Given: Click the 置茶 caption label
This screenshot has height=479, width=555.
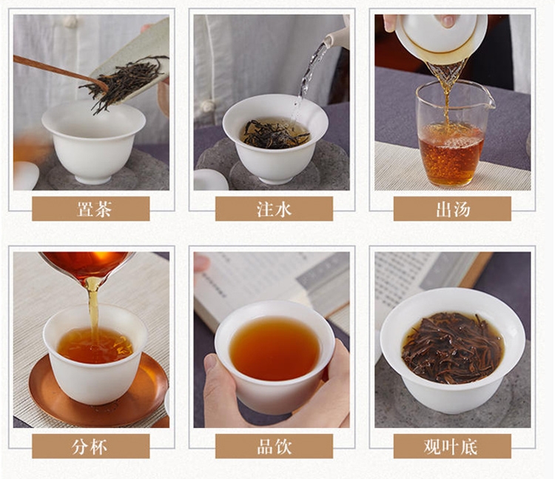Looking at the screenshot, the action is (90, 209).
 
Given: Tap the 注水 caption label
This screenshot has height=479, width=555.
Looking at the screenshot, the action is (274, 209).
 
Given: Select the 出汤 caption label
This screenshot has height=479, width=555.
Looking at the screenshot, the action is (452, 209).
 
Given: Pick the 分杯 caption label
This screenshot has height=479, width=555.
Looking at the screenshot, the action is (90, 446).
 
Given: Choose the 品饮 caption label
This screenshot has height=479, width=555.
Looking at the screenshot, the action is (274, 446).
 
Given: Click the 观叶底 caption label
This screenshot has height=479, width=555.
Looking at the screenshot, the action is (452, 446).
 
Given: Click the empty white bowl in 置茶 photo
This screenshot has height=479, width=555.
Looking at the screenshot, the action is (93, 141).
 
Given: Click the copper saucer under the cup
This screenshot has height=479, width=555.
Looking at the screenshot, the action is (98, 391).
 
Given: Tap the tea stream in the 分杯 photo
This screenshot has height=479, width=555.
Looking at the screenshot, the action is (93, 312).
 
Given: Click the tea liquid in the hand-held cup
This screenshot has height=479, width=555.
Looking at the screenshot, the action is (275, 348).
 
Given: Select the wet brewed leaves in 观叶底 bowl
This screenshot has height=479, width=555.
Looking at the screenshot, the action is (453, 348).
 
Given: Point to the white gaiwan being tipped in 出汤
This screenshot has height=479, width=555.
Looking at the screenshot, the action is (441, 38).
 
